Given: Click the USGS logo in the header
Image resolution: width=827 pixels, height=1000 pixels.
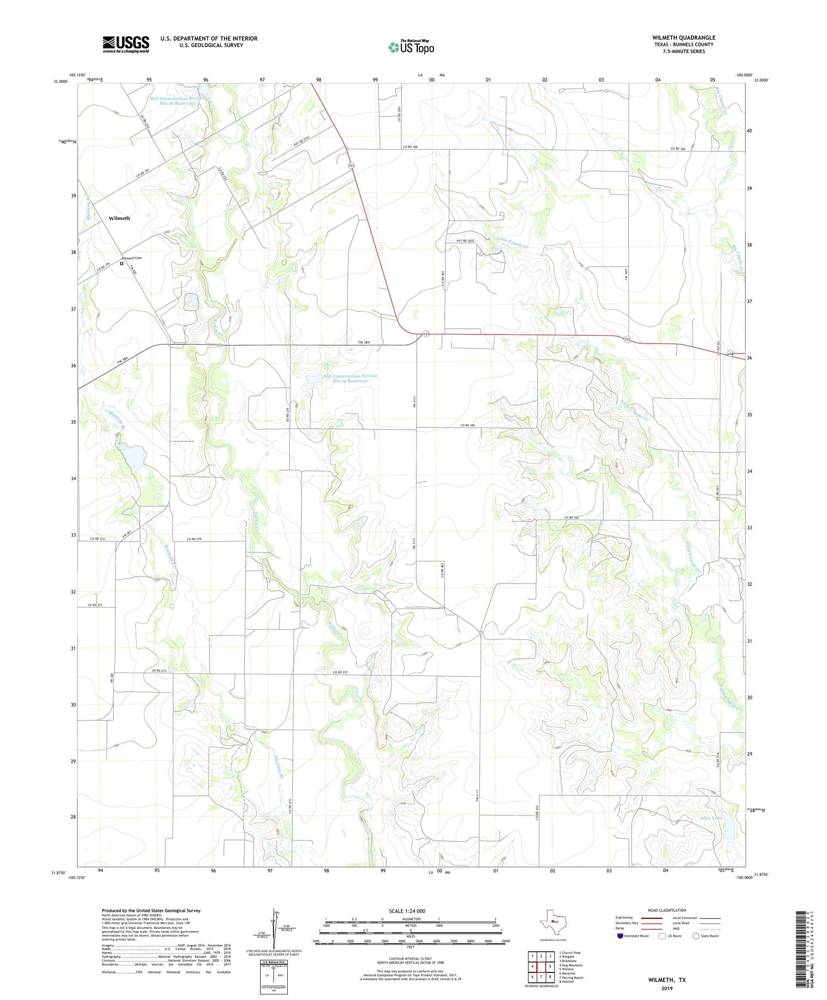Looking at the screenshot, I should (x=126, y=44).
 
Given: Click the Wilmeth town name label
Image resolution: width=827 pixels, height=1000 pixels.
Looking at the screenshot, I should (x=119, y=218).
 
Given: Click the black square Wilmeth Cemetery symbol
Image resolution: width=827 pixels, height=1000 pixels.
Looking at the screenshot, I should (x=121, y=264).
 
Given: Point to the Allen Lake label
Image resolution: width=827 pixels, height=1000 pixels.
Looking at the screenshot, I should (x=711, y=818).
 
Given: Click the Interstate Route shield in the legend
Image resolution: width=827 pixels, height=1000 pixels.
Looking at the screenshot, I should (x=620, y=936).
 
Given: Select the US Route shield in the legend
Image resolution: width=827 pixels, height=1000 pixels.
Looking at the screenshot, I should (x=663, y=936).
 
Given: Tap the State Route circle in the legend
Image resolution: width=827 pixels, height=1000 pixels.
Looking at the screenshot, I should (x=696, y=936).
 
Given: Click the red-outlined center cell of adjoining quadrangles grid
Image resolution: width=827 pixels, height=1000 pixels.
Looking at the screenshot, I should (x=541, y=967).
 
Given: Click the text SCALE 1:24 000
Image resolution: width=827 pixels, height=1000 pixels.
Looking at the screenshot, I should (x=407, y=911).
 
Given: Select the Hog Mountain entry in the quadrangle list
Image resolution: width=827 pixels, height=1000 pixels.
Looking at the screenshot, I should (x=571, y=965).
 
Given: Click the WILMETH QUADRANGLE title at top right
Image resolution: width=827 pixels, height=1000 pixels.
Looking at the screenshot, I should (x=684, y=38).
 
